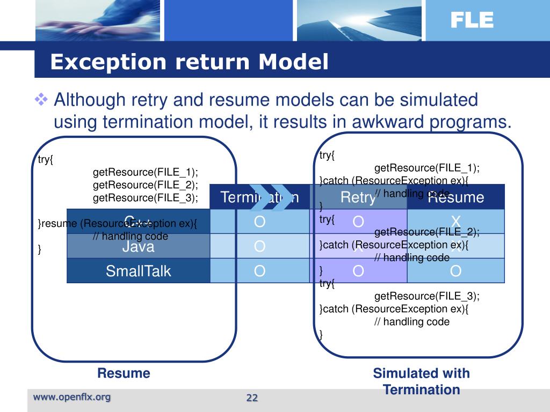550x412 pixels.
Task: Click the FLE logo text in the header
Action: [472, 20]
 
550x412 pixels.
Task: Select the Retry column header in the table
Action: [358, 197]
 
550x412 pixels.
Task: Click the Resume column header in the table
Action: [456, 197]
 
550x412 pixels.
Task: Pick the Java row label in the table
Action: [138, 246]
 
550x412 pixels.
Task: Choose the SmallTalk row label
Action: [138, 271]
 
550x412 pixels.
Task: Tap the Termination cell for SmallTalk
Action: [259, 271]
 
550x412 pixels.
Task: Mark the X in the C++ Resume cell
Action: [456, 222]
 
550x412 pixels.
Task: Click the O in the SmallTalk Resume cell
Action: [456, 271]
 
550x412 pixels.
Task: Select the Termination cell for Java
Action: [259, 246]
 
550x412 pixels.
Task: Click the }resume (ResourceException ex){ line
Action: [117, 224]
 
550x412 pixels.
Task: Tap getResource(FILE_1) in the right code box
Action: [427, 168]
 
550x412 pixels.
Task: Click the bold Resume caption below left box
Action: [124, 373]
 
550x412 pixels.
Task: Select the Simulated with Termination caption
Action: [421, 381]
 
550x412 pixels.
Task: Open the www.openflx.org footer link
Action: [72, 397]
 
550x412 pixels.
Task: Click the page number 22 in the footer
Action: [252, 398]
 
